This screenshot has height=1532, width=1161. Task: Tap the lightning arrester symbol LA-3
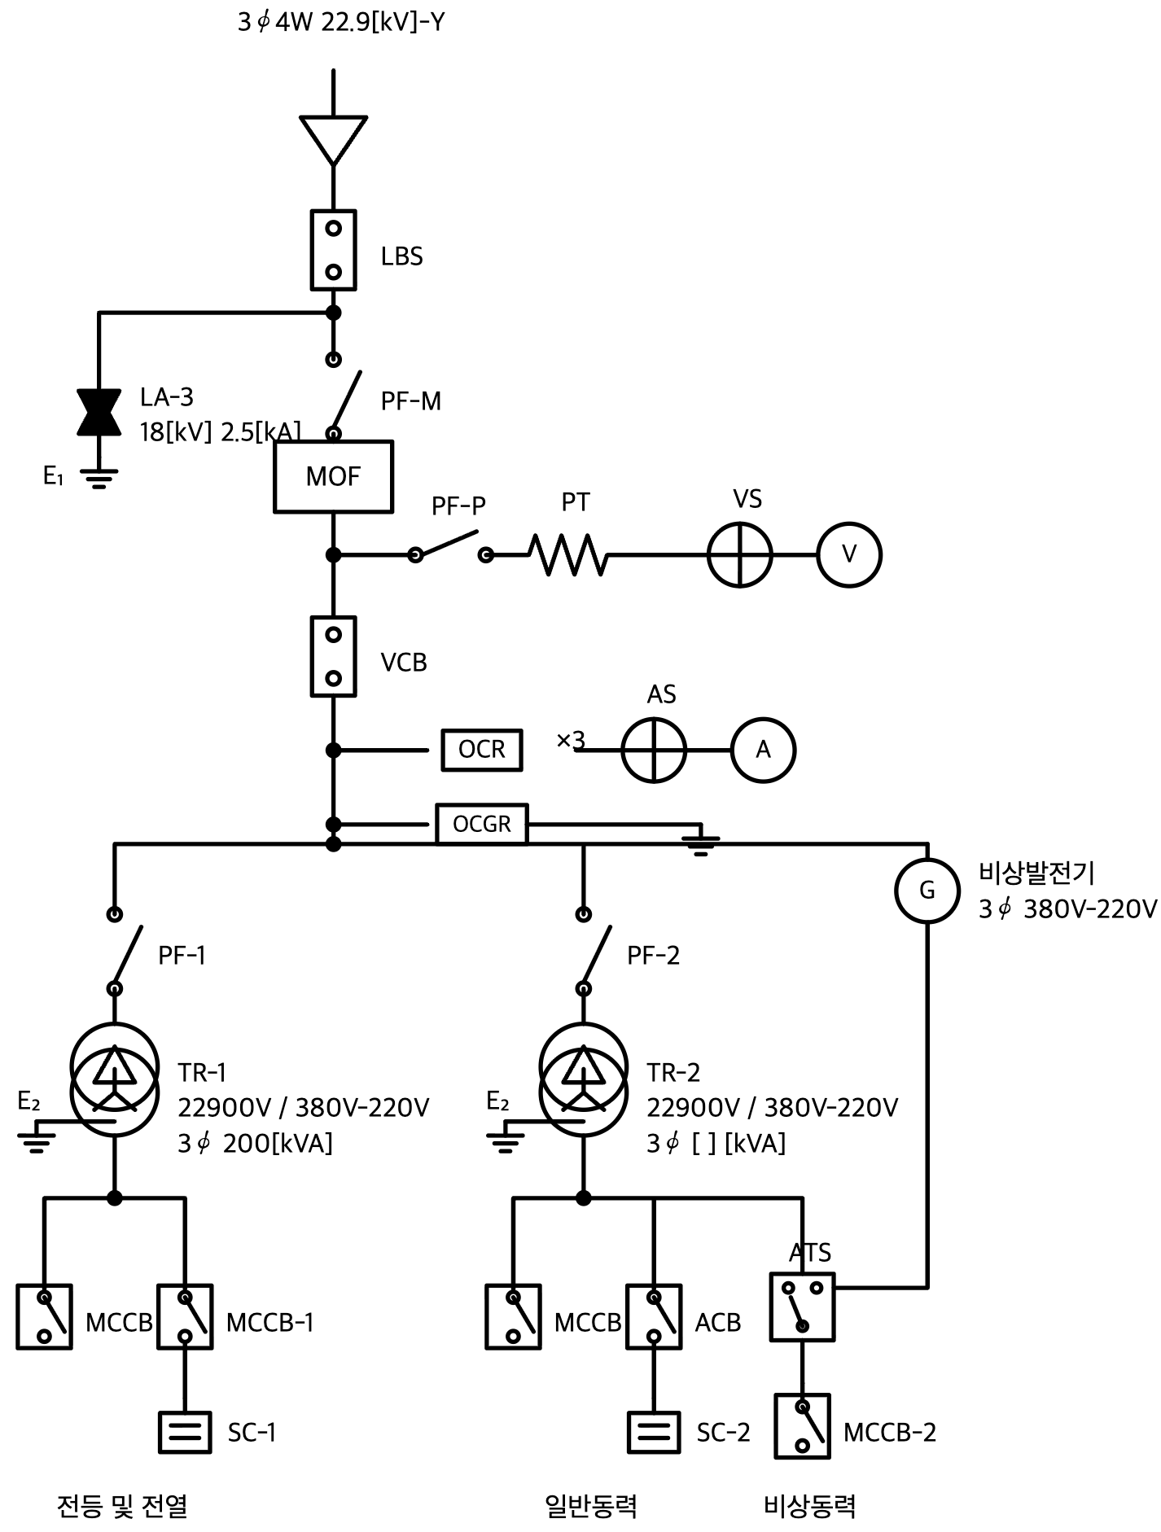click(99, 412)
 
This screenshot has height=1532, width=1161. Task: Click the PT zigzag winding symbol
click(568, 554)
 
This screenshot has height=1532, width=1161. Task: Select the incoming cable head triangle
click(333, 141)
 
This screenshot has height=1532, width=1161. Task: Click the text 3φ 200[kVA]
click(256, 1143)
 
